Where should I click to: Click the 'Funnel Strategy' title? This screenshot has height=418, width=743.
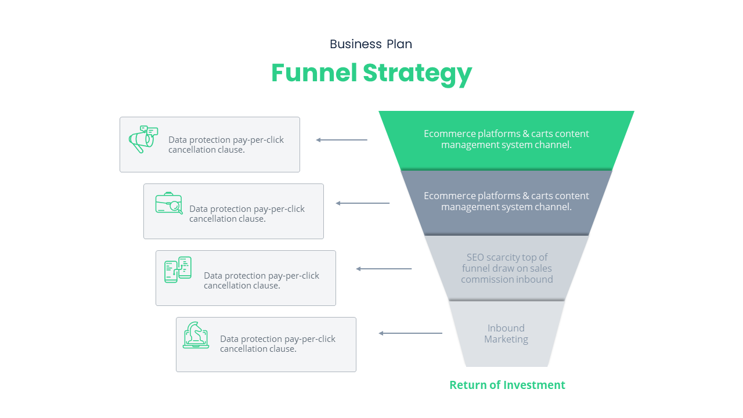[x=371, y=73]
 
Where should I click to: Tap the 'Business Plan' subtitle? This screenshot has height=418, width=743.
[x=371, y=44]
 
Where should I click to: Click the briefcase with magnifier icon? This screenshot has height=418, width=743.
[x=168, y=203]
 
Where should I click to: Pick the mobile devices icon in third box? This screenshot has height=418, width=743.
[x=178, y=269]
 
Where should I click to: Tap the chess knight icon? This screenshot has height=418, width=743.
[x=196, y=335]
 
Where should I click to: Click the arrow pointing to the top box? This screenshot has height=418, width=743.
[x=342, y=140]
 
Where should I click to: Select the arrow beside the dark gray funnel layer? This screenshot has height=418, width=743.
[x=363, y=203]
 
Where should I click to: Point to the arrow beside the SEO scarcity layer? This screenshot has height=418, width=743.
[x=384, y=269]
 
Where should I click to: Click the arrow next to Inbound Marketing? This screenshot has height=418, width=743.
[x=410, y=333]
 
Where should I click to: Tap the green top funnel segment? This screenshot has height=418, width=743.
[x=506, y=139]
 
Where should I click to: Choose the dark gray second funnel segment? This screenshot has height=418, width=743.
[x=506, y=201]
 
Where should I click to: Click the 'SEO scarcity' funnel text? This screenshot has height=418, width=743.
[x=507, y=268]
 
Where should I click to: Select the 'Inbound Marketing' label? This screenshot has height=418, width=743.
[x=506, y=334]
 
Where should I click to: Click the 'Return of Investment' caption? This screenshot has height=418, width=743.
[x=507, y=385]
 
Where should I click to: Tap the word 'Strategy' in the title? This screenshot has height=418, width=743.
[x=417, y=73]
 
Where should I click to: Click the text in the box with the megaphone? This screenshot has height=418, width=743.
[x=226, y=145]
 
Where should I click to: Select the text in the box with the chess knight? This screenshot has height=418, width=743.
[x=277, y=344]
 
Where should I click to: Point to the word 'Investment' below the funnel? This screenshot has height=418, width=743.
[x=534, y=385]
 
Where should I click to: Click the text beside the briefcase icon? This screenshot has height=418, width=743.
[x=247, y=214]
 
